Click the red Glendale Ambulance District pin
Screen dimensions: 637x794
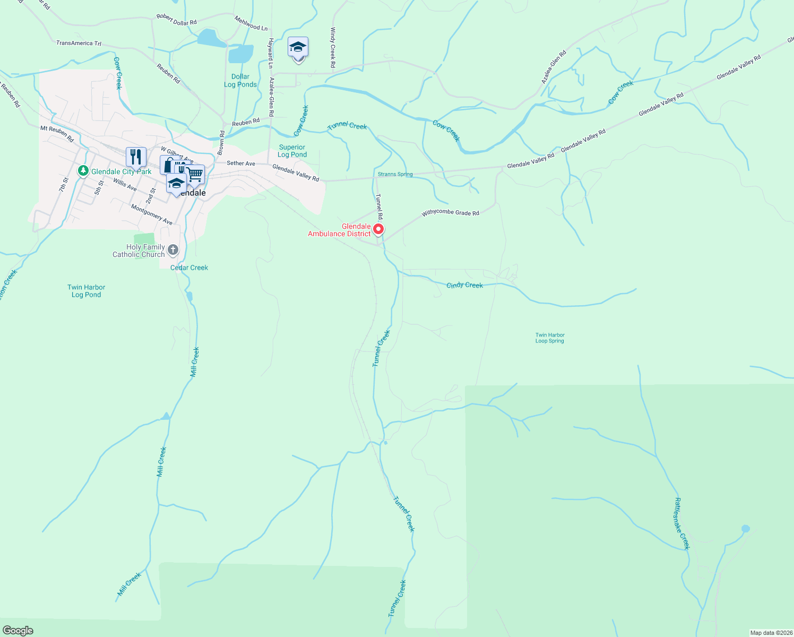(378, 229)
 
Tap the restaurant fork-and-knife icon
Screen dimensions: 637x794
(136, 157)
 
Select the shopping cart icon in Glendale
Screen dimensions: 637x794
(195, 174)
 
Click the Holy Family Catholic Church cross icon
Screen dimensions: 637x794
(172, 249)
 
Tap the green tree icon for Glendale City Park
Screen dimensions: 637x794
(83, 171)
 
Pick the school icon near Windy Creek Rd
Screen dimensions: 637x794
(298, 48)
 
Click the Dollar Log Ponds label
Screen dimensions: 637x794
(240, 81)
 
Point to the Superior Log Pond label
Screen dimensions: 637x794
(292, 151)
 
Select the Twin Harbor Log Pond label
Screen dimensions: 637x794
(86, 291)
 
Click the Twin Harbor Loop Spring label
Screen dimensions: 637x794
(550, 338)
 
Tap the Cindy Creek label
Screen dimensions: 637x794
(464, 285)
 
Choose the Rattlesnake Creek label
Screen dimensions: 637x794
(681, 523)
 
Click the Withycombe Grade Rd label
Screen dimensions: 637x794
(450, 213)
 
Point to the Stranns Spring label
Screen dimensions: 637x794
(395, 174)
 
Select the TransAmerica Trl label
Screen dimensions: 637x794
(79, 43)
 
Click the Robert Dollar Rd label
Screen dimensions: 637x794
(176, 20)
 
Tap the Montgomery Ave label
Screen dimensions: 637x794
(151, 214)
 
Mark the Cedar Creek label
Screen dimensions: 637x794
(189, 268)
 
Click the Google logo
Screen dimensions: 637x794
(18, 630)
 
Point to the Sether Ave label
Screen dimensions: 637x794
(241, 163)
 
